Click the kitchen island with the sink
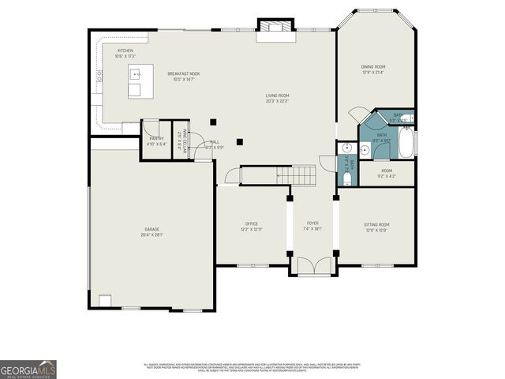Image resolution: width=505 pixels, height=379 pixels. [x=140, y=81]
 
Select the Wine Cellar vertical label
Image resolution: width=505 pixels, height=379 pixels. [x=179, y=141]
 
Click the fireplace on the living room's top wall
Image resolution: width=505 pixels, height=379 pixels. [x=275, y=28]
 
